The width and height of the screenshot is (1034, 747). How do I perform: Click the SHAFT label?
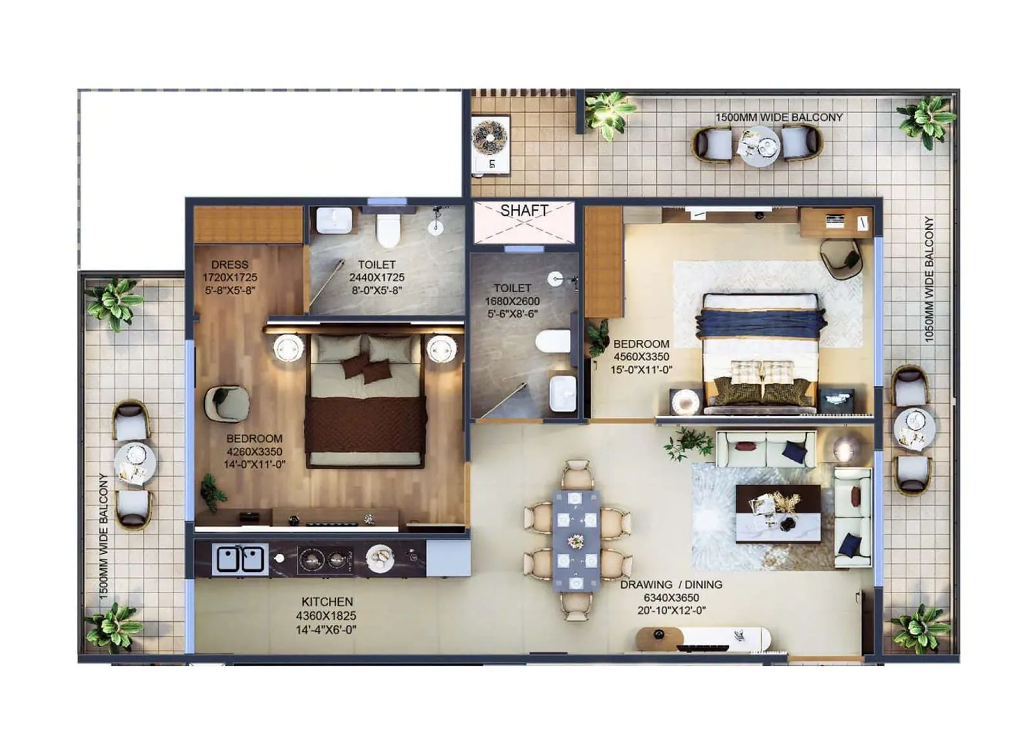[524, 211]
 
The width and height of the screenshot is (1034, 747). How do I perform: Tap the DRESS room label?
[229, 265]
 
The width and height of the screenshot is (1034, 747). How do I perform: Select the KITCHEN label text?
[327, 602]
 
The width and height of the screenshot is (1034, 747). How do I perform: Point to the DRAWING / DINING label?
[671, 585]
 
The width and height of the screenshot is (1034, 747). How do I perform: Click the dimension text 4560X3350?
[641, 357]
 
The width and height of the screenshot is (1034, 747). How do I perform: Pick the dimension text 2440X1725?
[377, 277]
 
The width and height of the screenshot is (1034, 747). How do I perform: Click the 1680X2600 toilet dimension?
[512, 301]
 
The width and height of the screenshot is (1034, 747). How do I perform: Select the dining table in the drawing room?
[576, 539]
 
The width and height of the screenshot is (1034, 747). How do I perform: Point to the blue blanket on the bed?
[760, 323]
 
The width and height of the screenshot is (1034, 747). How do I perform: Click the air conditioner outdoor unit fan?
[490, 137]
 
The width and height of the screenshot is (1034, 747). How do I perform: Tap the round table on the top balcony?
[760, 146]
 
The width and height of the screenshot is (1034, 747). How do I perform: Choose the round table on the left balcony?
[134, 463]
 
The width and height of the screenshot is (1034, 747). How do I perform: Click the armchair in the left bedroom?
[226, 404]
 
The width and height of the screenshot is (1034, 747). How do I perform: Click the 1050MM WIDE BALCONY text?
[929, 279]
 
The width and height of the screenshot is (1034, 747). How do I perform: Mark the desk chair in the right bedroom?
[840, 259]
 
